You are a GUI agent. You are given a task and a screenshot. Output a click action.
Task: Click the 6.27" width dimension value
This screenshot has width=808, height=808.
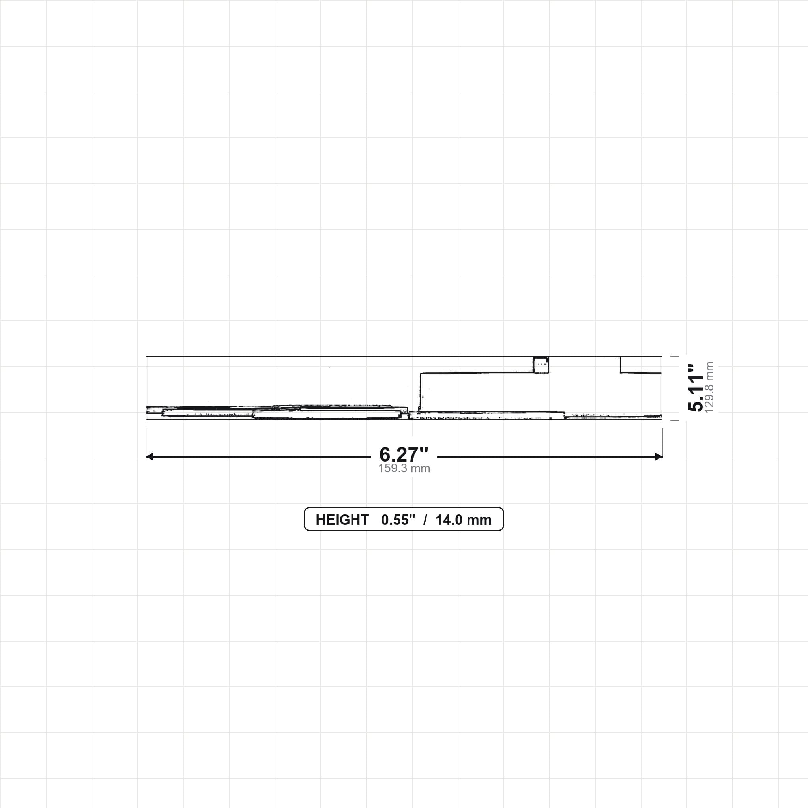point(404,454)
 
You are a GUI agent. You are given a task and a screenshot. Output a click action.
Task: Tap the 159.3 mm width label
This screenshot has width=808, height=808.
point(404,468)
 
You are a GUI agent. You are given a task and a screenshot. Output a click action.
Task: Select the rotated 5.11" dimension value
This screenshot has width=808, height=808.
point(696,388)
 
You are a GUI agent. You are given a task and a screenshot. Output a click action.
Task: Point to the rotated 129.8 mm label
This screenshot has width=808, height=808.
point(709,388)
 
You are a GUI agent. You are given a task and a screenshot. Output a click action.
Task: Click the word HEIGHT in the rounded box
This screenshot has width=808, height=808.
point(342,520)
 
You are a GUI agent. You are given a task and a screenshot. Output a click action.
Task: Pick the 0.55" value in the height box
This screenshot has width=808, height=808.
point(398,520)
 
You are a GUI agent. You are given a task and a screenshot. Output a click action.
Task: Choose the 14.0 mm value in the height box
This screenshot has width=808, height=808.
point(464,520)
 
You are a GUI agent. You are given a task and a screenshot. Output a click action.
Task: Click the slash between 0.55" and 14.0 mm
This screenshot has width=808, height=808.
point(425,520)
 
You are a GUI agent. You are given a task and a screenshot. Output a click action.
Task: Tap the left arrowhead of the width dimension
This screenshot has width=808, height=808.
point(150,457)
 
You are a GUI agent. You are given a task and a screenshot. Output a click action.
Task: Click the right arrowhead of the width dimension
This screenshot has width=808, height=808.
point(659,457)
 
